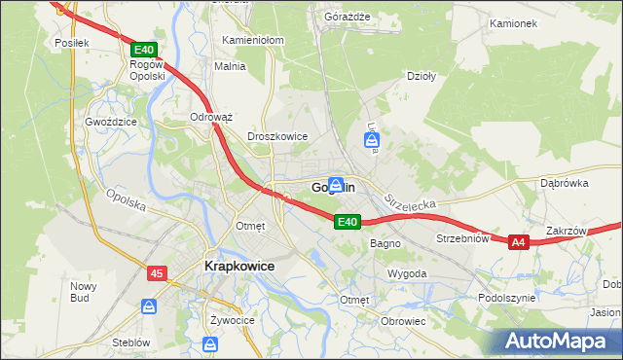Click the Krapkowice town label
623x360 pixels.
(x=238, y=265)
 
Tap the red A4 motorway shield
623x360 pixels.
(x=518, y=242)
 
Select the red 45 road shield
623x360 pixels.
(x=157, y=274)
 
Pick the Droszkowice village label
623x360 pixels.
(x=277, y=137)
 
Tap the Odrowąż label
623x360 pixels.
(x=211, y=117)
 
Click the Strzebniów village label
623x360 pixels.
(x=462, y=238)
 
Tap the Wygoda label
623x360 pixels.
(x=407, y=274)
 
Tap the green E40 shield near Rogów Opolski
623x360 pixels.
(x=143, y=49)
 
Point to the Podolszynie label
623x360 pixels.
(x=507, y=298)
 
